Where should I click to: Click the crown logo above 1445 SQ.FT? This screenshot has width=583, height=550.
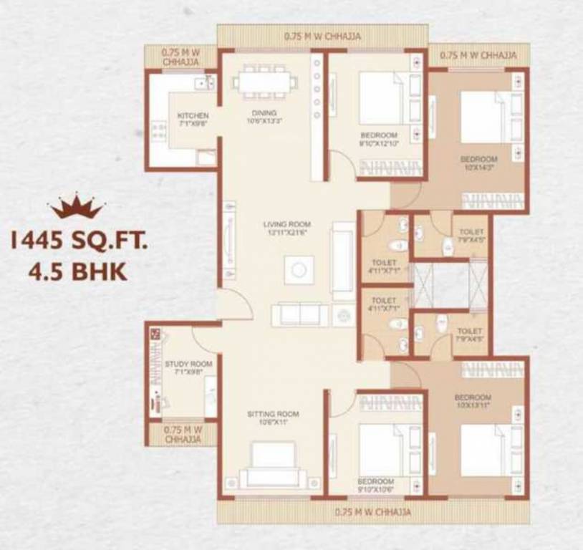tap(77, 206)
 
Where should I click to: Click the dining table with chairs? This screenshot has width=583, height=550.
tap(264, 82)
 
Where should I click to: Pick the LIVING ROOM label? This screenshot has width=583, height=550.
tap(285, 228)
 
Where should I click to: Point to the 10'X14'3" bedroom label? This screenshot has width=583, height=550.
tap(478, 163)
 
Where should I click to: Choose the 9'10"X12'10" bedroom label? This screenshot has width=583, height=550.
tap(378, 139)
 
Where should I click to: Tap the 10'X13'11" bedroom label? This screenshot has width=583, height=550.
tap(473, 401)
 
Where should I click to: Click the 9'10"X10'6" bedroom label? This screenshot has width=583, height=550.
tap(376, 485)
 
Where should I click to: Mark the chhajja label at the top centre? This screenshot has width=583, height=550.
tap(322, 35)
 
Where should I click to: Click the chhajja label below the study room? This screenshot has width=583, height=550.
tap(183, 435)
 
